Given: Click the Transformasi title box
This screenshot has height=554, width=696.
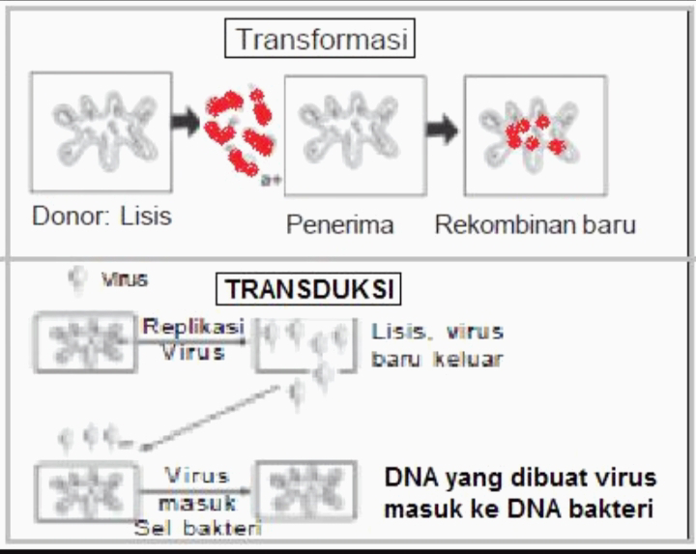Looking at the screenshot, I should [320, 42].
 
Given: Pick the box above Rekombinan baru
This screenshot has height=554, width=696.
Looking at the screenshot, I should [534, 135].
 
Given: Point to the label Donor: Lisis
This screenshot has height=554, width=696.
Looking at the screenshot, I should [102, 215].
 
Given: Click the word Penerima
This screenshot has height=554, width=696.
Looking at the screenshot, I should [339, 226].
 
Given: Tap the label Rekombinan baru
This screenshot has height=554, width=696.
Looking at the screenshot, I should [535, 225].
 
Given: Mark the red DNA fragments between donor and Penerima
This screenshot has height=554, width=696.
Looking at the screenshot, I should [240, 131].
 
